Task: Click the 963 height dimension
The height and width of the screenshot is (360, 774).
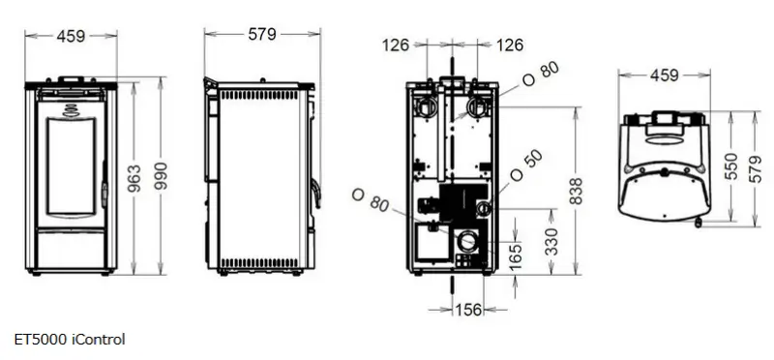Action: (x=134, y=178)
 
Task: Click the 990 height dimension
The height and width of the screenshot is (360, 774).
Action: (x=161, y=176)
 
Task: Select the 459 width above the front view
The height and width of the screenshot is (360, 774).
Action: (x=71, y=36)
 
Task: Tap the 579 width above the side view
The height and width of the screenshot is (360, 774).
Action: (x=262, y=34)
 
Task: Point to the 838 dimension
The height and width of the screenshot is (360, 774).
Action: (x=576, y=191)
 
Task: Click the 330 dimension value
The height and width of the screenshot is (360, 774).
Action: (x=551, y=242)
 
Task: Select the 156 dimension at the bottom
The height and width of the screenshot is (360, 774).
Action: (x=467, y=310)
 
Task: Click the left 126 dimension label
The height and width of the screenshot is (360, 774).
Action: (x=396, y=45)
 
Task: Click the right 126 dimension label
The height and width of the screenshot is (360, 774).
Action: (x=509, y=45)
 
